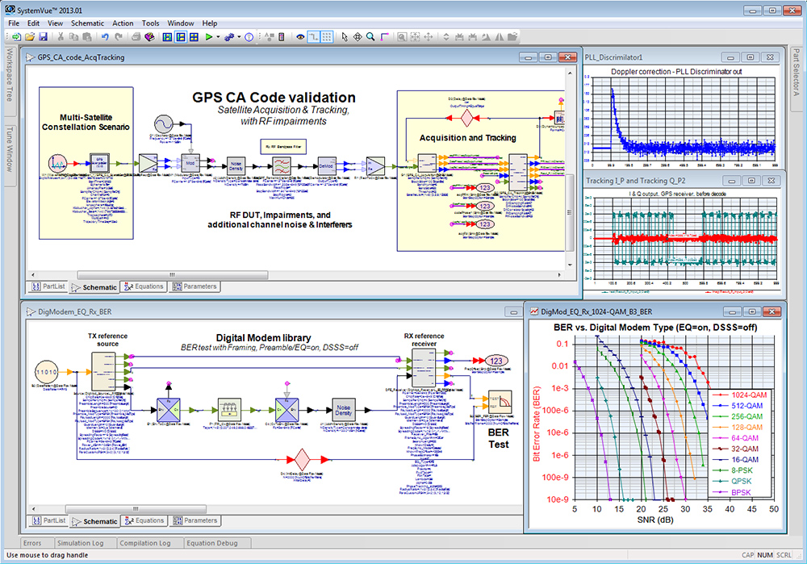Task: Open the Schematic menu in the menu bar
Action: click(87, 23)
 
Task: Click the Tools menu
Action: click(150, 23)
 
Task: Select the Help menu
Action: click(210, 23)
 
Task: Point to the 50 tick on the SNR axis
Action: click(773, 510)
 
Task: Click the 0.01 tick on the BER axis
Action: click(557, 366)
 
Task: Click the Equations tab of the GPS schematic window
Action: click(144, 286)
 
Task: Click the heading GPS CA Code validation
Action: click(274, 98)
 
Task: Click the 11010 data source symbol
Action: click(48, 372)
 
